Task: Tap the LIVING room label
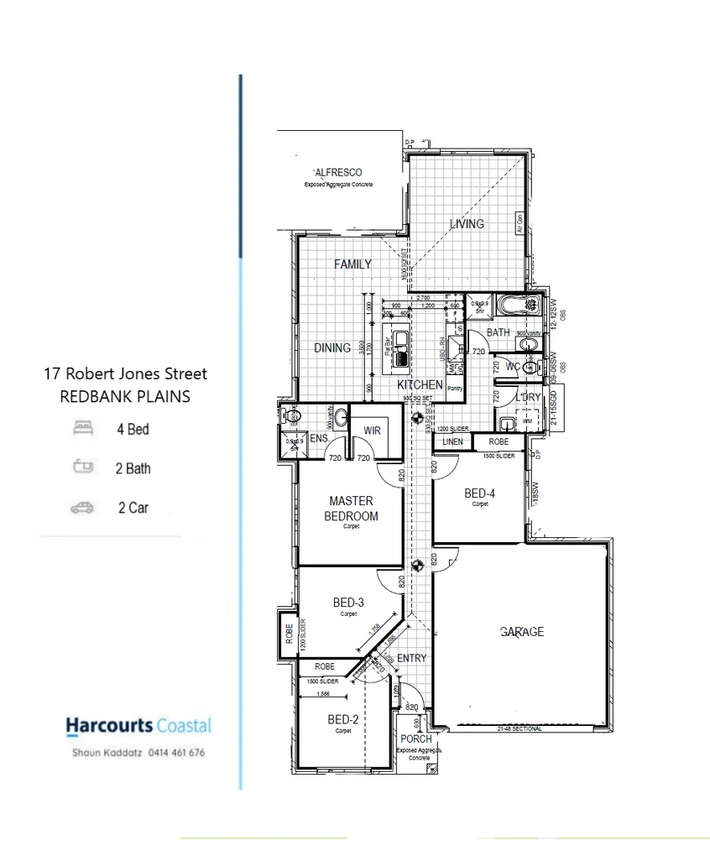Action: pyautogui.click(x=467, y=224)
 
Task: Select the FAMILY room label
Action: pyautogui.click(x=352, y=264)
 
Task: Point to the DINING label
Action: pyautogui.click(x=332, y=347)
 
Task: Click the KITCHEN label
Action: pyautogui.click(x=420, y=384)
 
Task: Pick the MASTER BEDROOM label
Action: pyautogui.click(x=351, y=509)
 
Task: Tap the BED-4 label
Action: pyautogui.click(x=480, y=493)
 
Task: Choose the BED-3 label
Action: pyautogui.click(x=348, y=602)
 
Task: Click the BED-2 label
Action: pyautogui.click(x=343, y=719)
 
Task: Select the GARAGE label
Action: pyautogui.click(x=522, y=632)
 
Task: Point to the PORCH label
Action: pyautogui.click(x=416, y=739)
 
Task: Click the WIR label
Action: pyautogui.click(x=373, y=431)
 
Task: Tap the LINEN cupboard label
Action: pyautogui.click(x=452, y=441)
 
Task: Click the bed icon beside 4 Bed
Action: pyautogui.click(x=83, y=429)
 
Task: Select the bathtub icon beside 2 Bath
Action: pyautogui.click(x=83, y=467)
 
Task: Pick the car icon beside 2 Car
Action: pyautogui.click(x=82, y=507)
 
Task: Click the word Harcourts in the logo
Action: pyautogui.click(x=109, y=726)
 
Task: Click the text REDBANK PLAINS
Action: pyautogui.click(x=125, y=396)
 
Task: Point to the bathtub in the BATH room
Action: pyautogui.click(x=515, y=305)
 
